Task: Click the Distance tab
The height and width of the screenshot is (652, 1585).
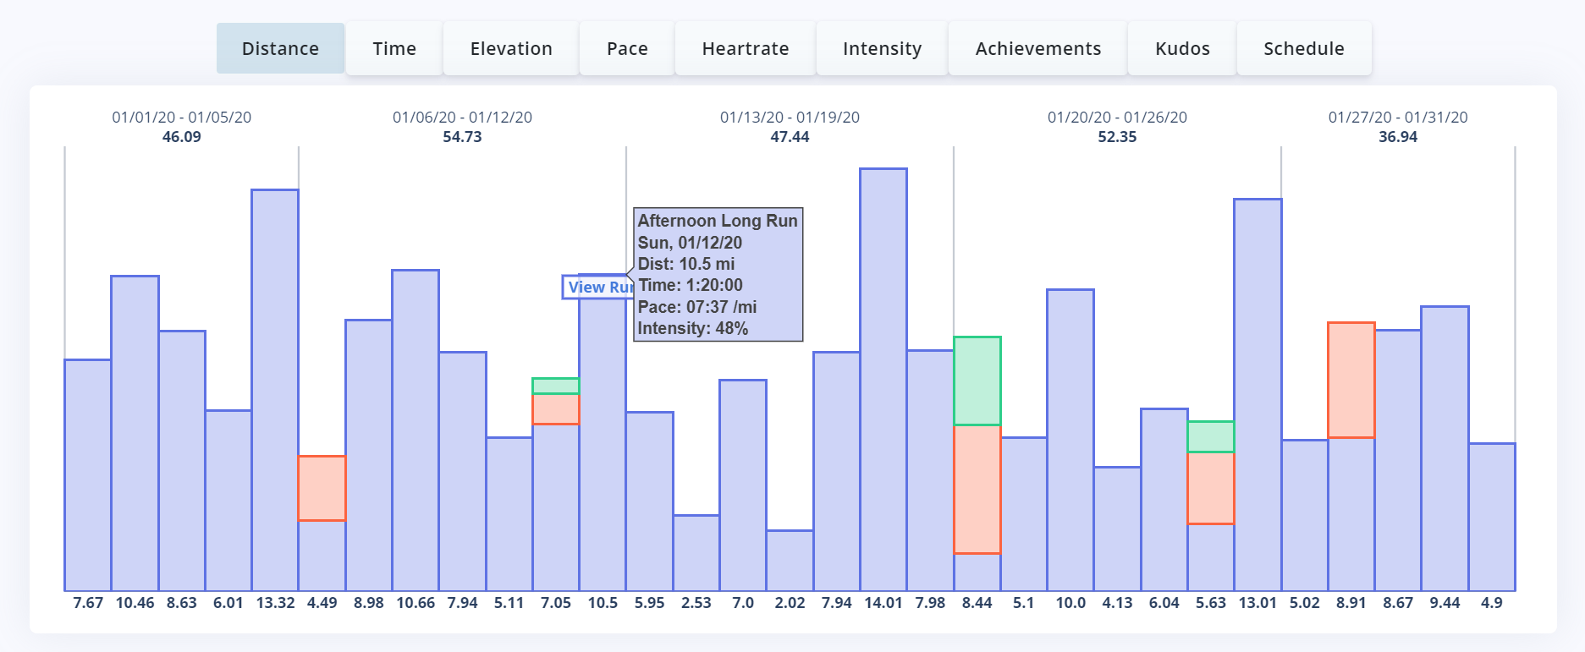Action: pos(280,49)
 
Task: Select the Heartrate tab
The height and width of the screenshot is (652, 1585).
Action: pos(745,49)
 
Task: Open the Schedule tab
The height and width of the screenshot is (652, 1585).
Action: pos(1303,49)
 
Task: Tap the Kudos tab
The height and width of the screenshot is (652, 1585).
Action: pos(1182,49)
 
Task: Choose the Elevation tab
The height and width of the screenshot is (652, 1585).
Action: pos(511,49)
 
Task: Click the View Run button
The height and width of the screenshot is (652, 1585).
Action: pos(597,288)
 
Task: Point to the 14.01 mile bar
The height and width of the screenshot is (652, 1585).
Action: pos(883,381)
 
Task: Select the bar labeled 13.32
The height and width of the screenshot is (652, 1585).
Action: pos(275,389)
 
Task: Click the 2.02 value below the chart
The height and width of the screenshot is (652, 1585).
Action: pos(790,603)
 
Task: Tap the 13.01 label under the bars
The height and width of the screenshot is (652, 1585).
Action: pos(1258,603)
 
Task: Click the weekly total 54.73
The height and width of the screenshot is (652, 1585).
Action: pos(462,137)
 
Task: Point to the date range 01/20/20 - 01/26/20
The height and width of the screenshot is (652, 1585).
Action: pos(1117,118)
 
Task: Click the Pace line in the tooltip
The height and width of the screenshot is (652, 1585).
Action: pos(696,307)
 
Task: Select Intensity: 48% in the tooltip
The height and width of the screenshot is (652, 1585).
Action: pos(692,328)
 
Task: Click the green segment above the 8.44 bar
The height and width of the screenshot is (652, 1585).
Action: pos(977,381)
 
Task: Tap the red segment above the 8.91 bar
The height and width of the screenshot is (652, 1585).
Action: pos(1351,380)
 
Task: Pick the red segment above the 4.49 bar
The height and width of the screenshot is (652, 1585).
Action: pos(322,488)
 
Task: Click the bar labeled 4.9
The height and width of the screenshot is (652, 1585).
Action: pos(1492,516)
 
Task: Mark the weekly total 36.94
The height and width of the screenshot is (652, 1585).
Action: pos(1397,137)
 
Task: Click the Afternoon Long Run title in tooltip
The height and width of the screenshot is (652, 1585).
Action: pos(717,221)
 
